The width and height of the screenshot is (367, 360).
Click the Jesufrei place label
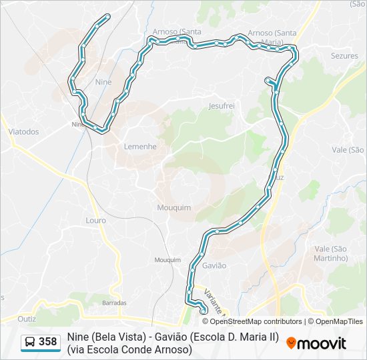pos(222,106)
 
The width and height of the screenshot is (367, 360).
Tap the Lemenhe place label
pos(140,146)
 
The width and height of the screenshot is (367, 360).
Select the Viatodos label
pos(23,131)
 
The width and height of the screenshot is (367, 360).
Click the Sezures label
pos(344,56)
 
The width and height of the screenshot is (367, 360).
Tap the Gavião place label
pos(214,265)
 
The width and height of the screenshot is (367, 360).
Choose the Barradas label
pos(114,303)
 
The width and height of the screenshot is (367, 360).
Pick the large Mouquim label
pos(173,207)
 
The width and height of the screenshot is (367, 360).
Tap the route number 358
pos(48,342)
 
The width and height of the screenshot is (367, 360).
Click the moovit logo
pos(316,343)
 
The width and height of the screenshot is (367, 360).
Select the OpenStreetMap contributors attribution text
pos(247,321)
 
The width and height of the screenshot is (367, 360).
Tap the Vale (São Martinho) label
pos(331,253)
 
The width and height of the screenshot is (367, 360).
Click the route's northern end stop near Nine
pos(107,16)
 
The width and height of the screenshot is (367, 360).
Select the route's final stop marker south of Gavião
pos(203,309)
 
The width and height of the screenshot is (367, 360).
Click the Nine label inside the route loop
pos(103,81)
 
